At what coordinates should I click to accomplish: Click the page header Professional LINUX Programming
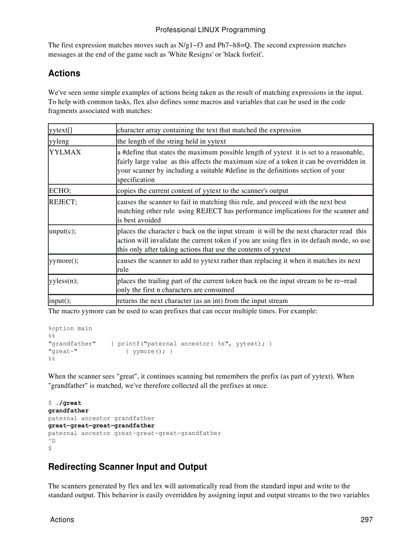[210, 30]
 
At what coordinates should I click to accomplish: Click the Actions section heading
[64, 74]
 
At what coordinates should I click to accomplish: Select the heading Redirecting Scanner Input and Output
[127, 467]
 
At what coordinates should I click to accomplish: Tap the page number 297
[366, 520]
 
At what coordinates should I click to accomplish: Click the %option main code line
[70, 328]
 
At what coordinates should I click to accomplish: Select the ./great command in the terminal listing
[69, 403]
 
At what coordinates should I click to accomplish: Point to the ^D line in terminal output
[52, 440]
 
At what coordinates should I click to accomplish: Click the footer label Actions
[62, 520]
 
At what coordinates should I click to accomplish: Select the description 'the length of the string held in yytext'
[172, 141]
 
